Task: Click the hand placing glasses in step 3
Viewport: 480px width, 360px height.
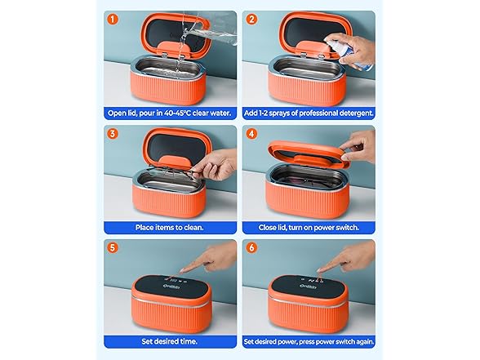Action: click(x=214, y=167)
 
